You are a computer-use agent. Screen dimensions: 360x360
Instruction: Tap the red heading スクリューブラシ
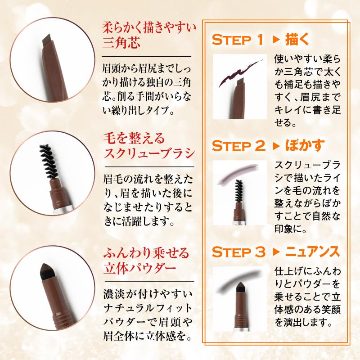coord(149,153)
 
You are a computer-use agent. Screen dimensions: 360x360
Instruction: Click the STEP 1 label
coord(237,40)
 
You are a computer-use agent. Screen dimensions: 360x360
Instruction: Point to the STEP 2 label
coord(237,147)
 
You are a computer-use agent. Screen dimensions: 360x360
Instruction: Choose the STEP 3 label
coord(238,252)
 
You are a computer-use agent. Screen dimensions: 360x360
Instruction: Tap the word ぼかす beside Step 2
coord(305,147)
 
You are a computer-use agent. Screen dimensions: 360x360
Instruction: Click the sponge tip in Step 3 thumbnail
coord(238,288)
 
